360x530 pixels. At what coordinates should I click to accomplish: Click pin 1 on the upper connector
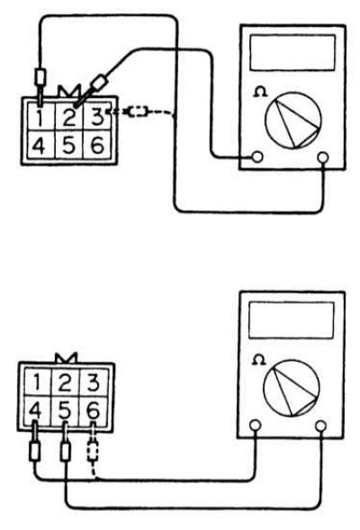click(40, 116)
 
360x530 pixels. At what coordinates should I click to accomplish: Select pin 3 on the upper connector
click(96, 116)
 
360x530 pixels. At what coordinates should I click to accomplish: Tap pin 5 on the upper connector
click(68, 145)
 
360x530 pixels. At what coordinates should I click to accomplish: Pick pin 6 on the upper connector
click(96, 145)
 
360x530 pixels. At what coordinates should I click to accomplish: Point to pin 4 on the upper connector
click(40, 145)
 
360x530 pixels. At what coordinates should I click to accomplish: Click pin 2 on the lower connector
click(65, 382)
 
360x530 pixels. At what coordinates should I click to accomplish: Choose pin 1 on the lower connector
click(38, 382)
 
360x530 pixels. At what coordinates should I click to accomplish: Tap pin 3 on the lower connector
click(94, 382)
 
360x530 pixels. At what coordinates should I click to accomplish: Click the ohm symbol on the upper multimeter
click(259, 92)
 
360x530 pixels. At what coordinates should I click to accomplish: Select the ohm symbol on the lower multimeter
click(259, 359)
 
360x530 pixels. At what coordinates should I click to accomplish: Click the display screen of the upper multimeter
click(292, 53)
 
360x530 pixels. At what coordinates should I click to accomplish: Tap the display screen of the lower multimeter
click(291, 320)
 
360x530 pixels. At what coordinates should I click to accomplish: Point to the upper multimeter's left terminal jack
click(257, 157)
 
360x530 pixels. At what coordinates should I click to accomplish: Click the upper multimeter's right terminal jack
click(323, 157)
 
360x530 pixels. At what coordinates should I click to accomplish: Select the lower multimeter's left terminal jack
click(256, 425)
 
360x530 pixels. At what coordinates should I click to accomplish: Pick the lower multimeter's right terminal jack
click(320, 426)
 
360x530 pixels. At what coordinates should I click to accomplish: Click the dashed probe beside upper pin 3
click(139, 112)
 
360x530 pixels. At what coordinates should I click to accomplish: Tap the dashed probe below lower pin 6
click(93, 451)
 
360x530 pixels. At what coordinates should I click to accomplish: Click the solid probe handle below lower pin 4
click(35, 451)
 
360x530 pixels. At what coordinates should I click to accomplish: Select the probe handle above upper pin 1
click(40, 77)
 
